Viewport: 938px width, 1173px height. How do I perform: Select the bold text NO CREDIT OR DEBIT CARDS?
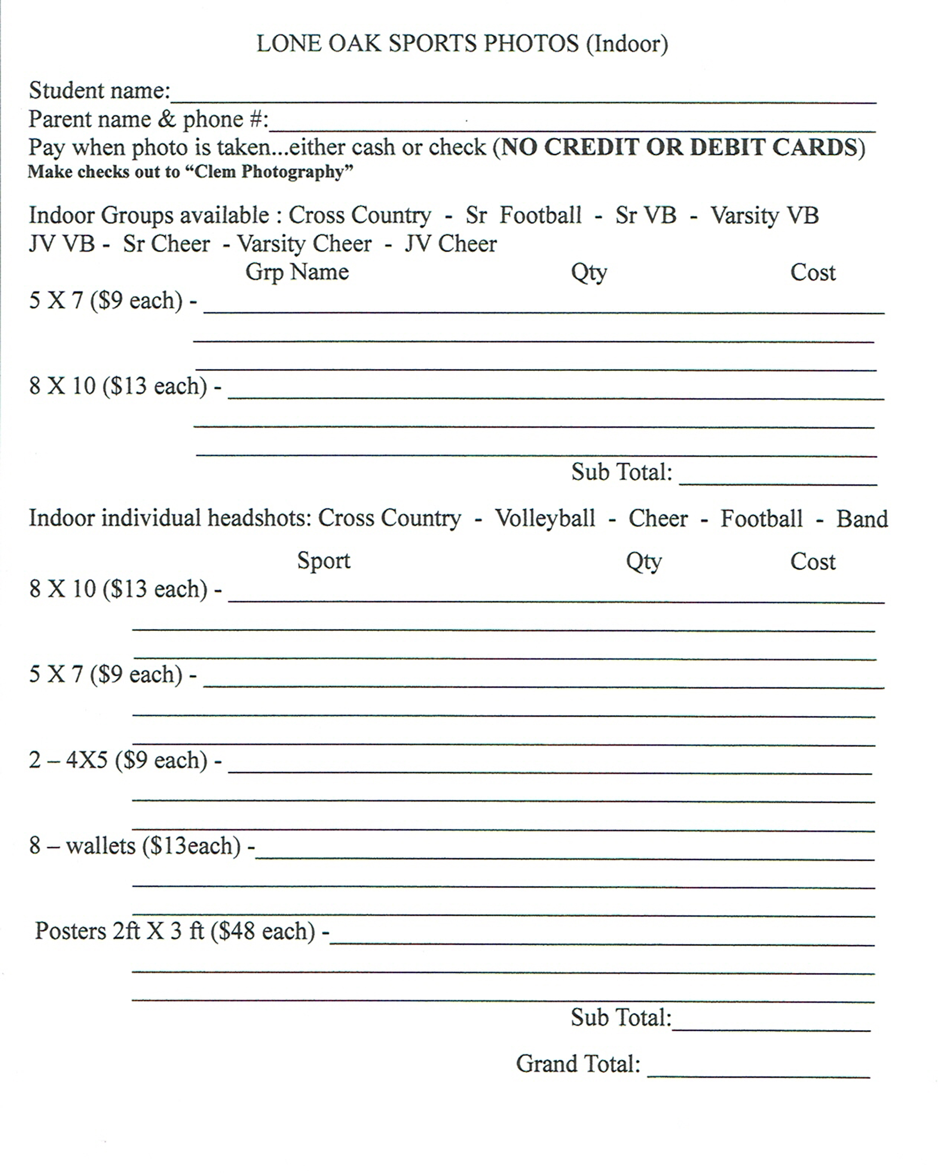(x=678, y=147)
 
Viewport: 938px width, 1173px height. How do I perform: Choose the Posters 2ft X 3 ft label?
(x=120, y=931)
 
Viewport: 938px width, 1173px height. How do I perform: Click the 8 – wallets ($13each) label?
(x=135, y=845)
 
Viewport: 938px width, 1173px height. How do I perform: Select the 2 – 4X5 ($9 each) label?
(x=118, y=760)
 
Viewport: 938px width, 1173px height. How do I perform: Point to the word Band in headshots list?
(x=862, y=518)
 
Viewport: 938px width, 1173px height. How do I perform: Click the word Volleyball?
(x=545, y=518)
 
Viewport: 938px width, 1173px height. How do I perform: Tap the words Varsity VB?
(x=764, y=215)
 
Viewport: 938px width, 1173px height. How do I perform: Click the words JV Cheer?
(x=451, y=244)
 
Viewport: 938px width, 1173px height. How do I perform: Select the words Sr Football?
(x=523, y=215)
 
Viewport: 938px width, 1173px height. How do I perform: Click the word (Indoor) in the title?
(x=627, y=43)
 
